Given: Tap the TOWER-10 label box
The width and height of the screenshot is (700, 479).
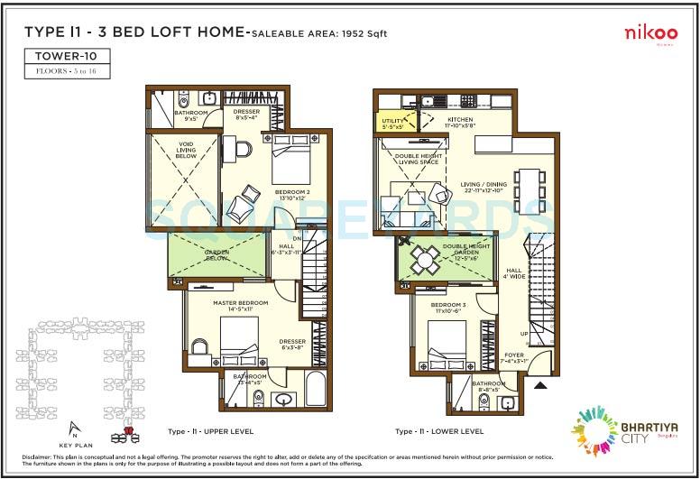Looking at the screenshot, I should tap(68, 55).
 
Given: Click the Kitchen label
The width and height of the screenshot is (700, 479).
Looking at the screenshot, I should tap(460, 122).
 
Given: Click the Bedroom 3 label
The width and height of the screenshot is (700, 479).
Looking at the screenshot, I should tap(448, 308).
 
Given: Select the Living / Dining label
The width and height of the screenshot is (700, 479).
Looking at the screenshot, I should tap(484, 187).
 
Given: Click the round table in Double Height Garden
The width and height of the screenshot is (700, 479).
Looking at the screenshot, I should tap(423, 260).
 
